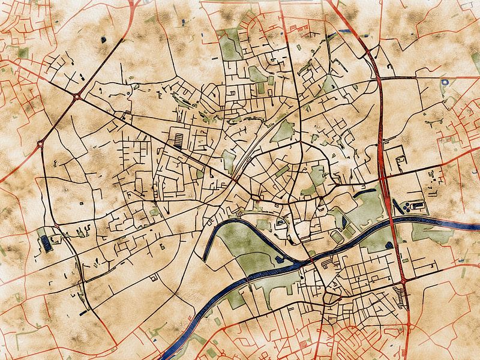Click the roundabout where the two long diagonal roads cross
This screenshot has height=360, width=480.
pyautogui.click(x=77, y=95)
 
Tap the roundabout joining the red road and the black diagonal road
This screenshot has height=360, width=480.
pyautogui.click(x=41, y=143)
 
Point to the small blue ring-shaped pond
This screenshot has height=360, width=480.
pyautogui.click(x=445, y=82)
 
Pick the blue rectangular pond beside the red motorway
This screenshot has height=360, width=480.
pyautogui.click(x=346, y=30)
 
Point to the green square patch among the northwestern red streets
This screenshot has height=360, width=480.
pyautogui.click(x=23, y=53)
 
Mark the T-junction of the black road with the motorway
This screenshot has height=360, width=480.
pyautogui.click(x=381, y=79)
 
